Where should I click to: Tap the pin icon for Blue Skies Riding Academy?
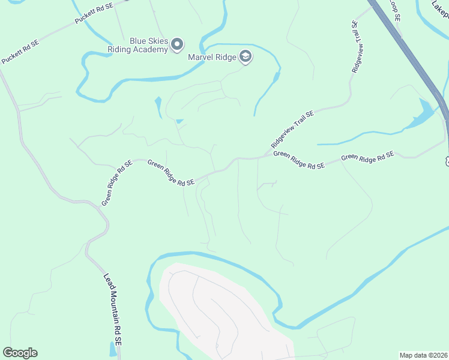(x=177, y=44)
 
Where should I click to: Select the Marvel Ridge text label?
(x=212, y=58)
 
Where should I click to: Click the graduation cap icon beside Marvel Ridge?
(x=245, y=57)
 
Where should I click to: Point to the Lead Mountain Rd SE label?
(x=113, y=310)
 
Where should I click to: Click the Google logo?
(x=20, y=353)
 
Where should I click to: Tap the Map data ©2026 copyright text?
(x=423, y=355)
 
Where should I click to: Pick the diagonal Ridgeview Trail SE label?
(x=292, y=129)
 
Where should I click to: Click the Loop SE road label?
(x=394, y=10)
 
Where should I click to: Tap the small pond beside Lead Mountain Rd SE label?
(x=113, y=349)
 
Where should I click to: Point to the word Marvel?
(x=200, y=58)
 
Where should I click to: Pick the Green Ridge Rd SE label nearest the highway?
(x=367, y=158)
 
